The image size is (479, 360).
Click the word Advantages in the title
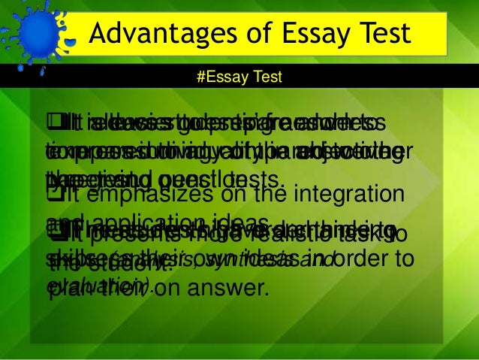click(x=148, y=34)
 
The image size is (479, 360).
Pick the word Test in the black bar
click(x=264, y=77)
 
